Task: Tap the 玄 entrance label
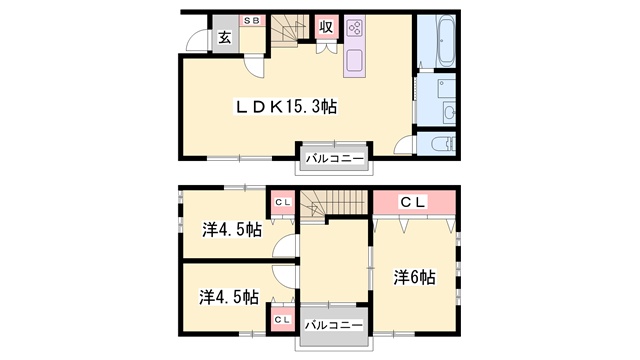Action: click(224, 38)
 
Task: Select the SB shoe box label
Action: click(252, 20)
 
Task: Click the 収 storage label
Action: click(326, 27)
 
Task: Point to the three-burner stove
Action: click(354, 28)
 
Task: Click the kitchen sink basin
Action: click(354, 60)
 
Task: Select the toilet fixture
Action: click(443, 144)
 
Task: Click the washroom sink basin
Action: click(449, 112)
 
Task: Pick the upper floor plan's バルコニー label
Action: click(335, 158)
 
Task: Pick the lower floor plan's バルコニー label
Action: click(334, 325)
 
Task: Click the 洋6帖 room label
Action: click(414, 278)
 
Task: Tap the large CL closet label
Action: click(413, 202)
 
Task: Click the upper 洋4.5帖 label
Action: click(232, 230)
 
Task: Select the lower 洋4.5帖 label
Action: click(229, 297)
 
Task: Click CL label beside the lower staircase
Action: click(283, 202)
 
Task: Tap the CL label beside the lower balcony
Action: click(282, 320)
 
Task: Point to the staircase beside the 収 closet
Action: click(289, 29)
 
